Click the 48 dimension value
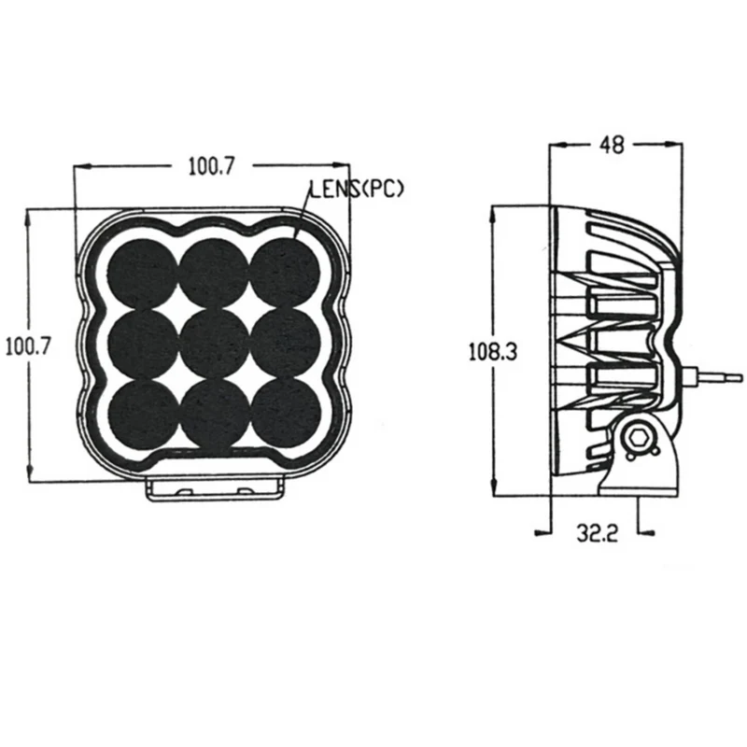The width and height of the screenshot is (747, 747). tap(612, 145)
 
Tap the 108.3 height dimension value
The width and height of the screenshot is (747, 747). tap(493, 352)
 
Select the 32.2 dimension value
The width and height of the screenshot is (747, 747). tap(598, 533)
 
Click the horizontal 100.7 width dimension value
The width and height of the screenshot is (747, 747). tap(212, 166)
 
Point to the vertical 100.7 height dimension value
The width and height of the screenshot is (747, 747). tap(28, 346)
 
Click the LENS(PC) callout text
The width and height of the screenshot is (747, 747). tap(358, 190)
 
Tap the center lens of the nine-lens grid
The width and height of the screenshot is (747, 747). tap(215, 343)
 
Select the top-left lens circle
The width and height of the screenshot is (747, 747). tap(143, 274)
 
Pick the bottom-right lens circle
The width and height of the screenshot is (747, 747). tap(285, 412)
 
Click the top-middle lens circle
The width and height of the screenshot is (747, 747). tap(215, 273)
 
